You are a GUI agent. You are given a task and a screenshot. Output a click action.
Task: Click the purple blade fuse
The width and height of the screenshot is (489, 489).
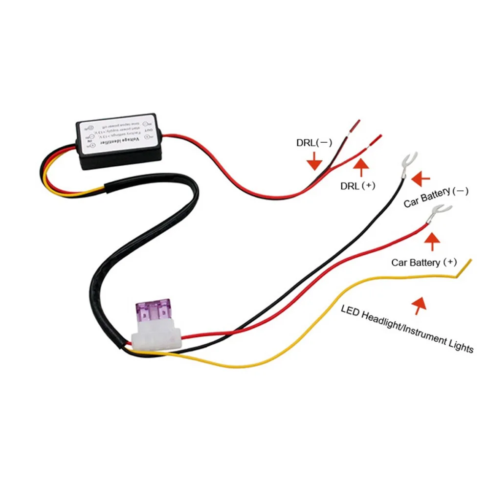click(x=153, y=313)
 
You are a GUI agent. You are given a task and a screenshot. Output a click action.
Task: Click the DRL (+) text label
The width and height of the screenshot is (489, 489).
click(x=358, y=186)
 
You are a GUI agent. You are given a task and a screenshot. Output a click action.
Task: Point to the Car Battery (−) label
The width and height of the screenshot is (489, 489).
click(x=436, y=197)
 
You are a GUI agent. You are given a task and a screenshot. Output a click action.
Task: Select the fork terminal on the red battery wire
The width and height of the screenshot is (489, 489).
click(x=433, y=214)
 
